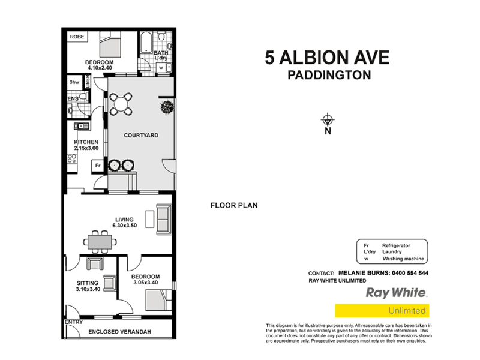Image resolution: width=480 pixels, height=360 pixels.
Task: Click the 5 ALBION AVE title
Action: pyautogui.click(x=328, y=58)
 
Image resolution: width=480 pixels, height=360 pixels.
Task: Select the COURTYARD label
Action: pyautogui.click(x=141, y=136)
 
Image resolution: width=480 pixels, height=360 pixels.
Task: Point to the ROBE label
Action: pyautogui.click(x=77, y=37)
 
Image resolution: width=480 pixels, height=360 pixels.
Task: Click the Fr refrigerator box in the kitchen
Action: pyautogui.click(x=95, y=166)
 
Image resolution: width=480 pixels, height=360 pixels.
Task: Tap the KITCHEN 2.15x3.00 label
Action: pyautogui.click(x=82, y=145)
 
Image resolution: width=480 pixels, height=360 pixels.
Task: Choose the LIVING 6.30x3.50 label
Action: pyautogui.click(x=125, y=223)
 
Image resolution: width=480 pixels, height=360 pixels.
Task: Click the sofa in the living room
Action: pyautogui.click(x=163, y=220)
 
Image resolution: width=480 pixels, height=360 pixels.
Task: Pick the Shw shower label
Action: pyautogui.click(x=74, y=82)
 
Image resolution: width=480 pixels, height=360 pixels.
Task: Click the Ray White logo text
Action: pyautogui.click(x=396, y=293)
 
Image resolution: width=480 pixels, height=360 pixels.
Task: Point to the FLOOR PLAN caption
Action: pyautogui.click(x=234, y=205)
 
